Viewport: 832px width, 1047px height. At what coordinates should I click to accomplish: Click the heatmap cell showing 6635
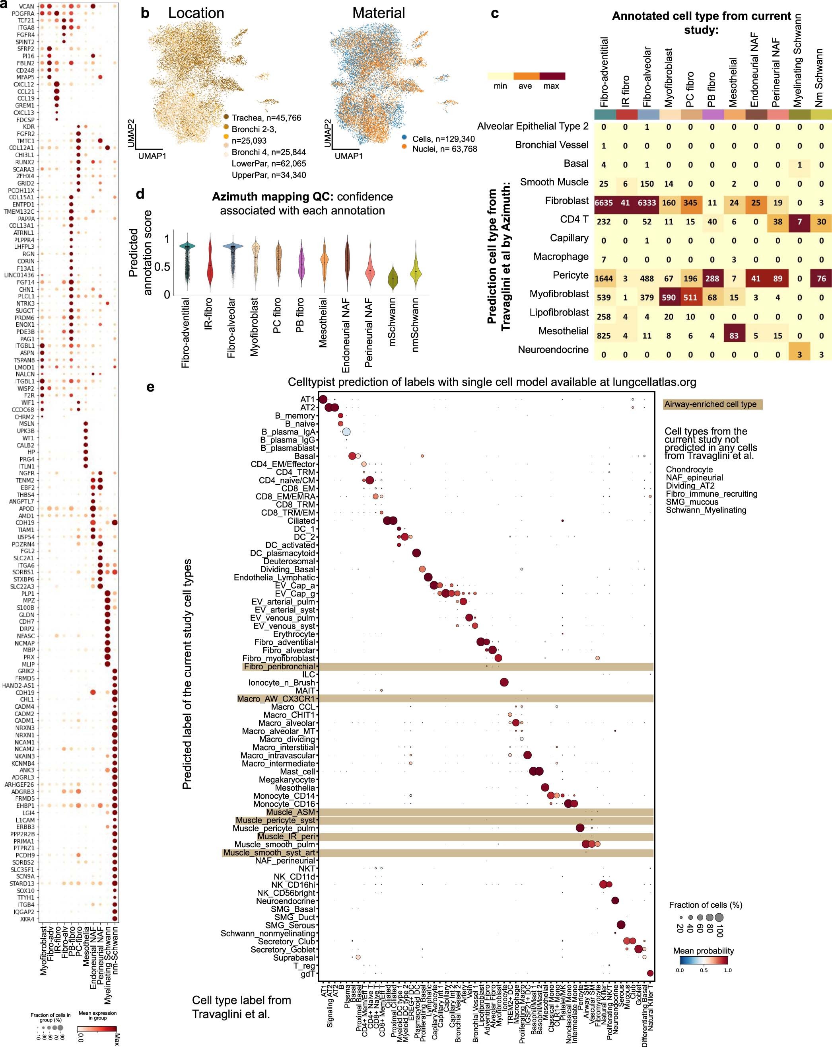click(603, 203)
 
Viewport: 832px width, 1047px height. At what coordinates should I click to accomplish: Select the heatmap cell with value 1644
click(603, 278)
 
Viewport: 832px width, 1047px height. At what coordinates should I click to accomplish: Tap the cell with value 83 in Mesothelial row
click(733, 335)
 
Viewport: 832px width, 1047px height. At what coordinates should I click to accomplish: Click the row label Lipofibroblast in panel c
click(559, 312)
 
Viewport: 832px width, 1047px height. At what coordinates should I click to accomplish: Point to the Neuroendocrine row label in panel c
click(553, 350)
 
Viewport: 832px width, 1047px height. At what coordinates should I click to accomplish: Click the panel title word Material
click(378, 13)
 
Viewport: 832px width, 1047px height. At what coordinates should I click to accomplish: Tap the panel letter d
click(140, 194)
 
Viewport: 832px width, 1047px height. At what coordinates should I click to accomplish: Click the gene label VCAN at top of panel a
click(27, 6)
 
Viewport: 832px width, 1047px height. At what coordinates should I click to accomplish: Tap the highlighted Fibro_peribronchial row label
click(280, 667)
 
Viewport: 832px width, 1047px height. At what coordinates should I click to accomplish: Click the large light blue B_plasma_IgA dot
click(346, 432)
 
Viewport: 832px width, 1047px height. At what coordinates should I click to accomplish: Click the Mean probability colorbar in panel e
click(704, 960)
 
